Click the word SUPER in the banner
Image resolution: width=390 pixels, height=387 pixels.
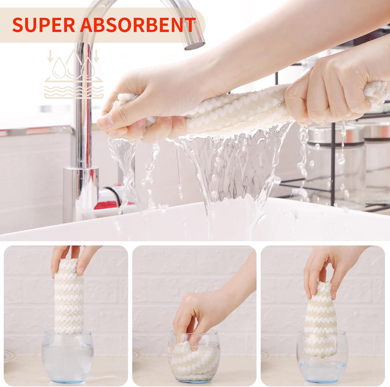(43, 25)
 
